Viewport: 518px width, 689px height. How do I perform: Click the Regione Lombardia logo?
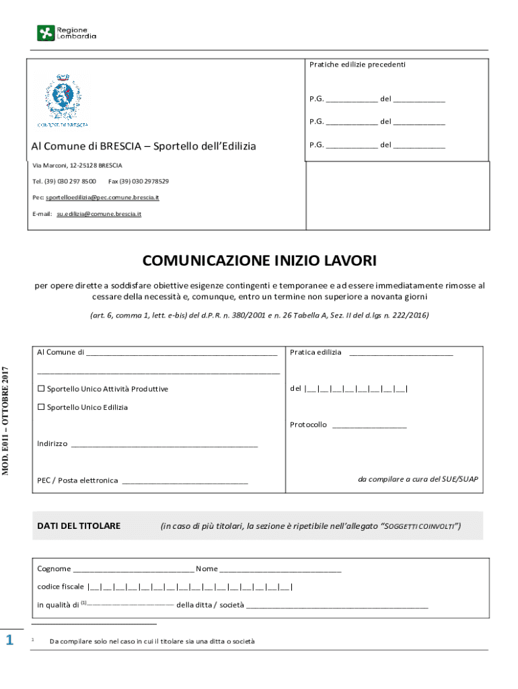tap(66, 32)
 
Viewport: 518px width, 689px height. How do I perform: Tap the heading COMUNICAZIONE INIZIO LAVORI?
tap(259, 260)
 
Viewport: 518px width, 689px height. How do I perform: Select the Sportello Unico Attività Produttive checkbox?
tap(41, 389)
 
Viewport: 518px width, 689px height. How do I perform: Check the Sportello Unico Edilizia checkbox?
tap(41, 407)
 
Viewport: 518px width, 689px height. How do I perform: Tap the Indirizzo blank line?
tap(163, 445)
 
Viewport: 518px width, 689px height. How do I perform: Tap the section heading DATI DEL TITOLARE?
tap(79, 525)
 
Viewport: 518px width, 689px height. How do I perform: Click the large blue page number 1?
tap(9, 640)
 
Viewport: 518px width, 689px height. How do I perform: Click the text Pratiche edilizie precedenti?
tap(357, 65)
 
